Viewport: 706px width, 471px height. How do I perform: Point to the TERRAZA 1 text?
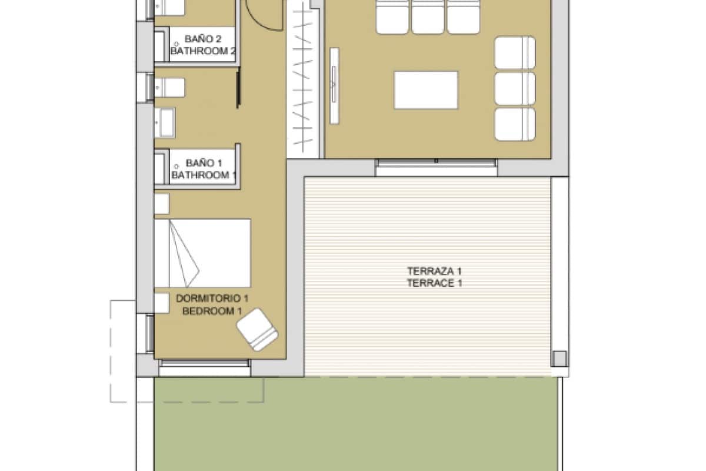coord(434,271)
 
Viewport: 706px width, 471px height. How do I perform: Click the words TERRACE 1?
coord(434,283)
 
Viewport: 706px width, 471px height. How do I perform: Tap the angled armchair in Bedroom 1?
coord(258,330)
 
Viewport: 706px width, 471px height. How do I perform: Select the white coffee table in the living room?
coord(426,90)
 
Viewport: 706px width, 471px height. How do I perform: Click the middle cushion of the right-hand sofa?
coord(515,88)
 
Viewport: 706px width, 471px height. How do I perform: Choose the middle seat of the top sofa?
coord(429,16)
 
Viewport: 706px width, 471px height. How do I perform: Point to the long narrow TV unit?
coord(334,86)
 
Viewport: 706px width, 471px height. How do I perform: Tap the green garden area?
coord(353,424)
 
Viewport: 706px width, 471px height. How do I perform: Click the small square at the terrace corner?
coord(559,358)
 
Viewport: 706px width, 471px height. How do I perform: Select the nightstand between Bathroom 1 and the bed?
coord(161,204)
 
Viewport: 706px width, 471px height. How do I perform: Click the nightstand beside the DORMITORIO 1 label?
coord(161,301)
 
